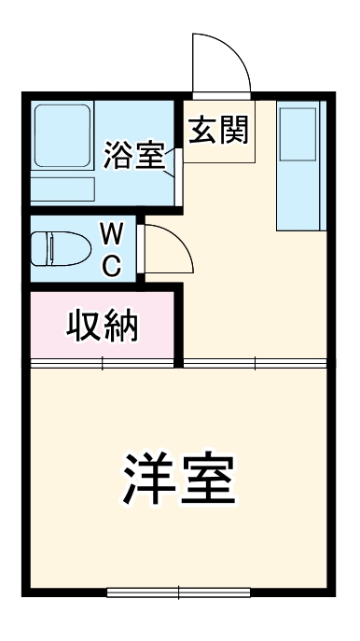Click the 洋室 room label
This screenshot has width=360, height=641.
178,480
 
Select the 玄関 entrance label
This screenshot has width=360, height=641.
220,132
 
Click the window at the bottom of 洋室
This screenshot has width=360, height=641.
178,592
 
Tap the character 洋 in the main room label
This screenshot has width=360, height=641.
145,480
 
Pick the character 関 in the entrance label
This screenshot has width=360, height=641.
236,132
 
